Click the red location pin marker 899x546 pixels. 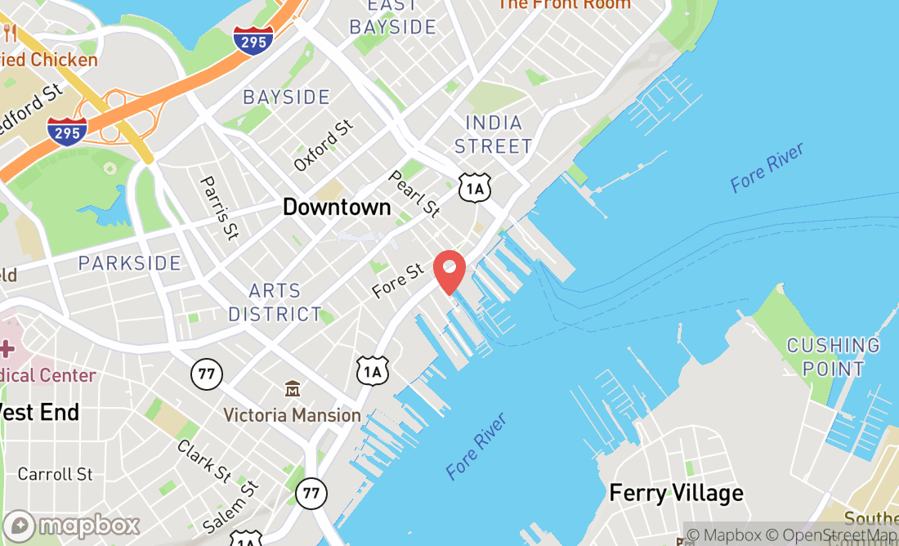click(x=449, y=271)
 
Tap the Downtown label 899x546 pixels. click(x=337, y=207)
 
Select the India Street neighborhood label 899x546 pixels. click(x=493, y=135)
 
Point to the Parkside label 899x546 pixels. click(x=129, y=263)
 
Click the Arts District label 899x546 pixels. click(x=275, y=302)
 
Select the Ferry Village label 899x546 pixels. click(x=676, y=493)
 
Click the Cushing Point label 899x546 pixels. click(x=833, y=357)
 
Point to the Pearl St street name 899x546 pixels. click(x=414, y=194)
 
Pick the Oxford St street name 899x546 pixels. click(x=324, y=145)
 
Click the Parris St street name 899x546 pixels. click(x=218, y=208)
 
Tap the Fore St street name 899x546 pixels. click(x=399, y=280)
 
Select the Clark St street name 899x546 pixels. click(x=204, y=461)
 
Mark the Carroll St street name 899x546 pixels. click(x=55, y=474)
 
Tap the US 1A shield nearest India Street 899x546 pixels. click(x=475, y=188)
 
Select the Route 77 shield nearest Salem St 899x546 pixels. click(x=311, y=493)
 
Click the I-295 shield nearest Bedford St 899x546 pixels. click(x=66, y=131)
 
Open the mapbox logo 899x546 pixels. click(x=71, y=525)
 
